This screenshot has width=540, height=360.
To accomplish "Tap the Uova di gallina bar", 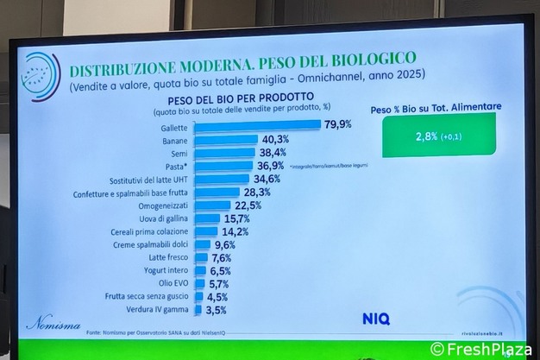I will [x=208, y=218].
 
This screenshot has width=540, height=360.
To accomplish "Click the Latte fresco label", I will [x=169, y=257].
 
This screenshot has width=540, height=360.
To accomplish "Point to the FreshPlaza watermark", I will [x=487, y=349].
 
